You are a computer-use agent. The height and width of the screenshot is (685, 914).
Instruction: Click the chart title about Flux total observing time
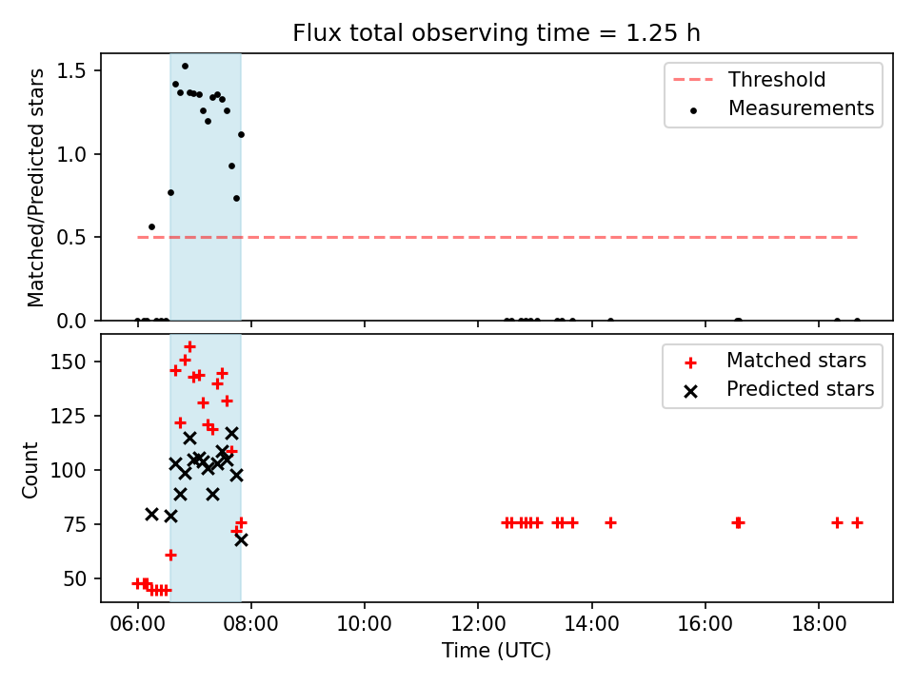(496, 33)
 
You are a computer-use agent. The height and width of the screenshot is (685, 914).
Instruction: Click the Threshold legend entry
(749, 79)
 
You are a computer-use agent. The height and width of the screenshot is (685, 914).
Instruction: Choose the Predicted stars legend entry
(780, 389)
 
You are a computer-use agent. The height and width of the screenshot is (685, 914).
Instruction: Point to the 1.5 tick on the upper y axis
(71, 70)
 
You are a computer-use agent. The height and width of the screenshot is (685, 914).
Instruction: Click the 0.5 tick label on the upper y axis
(71, 237)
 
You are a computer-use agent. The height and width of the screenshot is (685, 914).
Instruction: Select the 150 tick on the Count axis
(69, 362)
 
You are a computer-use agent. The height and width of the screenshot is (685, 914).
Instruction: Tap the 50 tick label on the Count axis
(74, 579)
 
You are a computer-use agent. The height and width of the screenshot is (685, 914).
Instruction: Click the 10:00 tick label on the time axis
(365, 624)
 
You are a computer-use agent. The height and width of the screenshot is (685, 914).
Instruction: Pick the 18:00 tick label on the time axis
(819, 624)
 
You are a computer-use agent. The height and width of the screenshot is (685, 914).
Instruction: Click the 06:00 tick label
(137, 624)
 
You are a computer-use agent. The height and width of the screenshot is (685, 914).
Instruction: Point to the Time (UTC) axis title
(496, 650)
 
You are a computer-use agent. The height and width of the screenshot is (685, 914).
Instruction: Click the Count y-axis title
(30, 470)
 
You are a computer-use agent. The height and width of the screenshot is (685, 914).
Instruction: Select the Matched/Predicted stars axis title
(35, 187)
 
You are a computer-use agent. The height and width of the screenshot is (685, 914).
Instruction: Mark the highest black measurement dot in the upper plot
(185, 67)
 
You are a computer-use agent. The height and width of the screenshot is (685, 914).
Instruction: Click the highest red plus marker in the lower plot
(189, 347)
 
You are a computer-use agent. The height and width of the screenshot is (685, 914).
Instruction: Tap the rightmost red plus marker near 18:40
(857, 523)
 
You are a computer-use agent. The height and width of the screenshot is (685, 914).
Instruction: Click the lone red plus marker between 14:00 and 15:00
(610, 523)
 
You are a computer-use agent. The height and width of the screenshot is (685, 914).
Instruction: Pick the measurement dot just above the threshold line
(151, 227)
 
